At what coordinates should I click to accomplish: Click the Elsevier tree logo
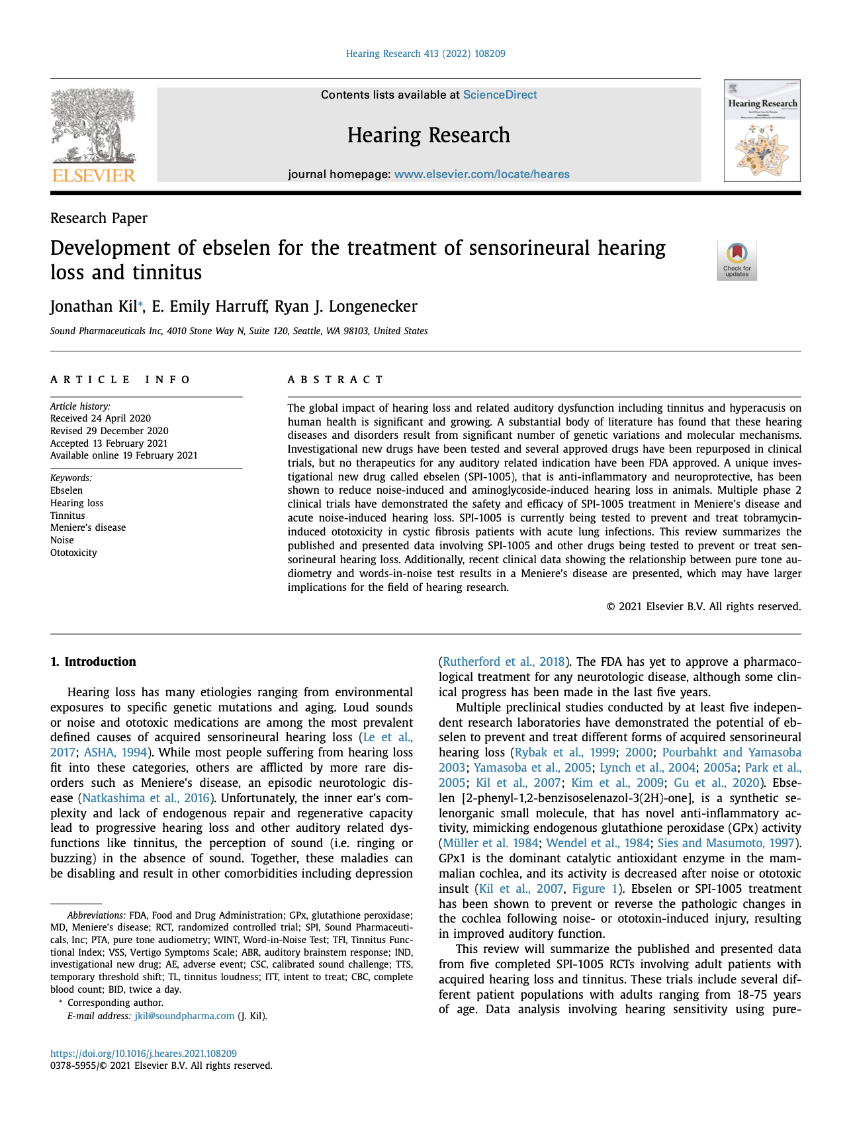pos(93,135)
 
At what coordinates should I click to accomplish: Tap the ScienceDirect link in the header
pos(500,95)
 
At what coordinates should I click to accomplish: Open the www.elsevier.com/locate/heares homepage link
pos(482,174)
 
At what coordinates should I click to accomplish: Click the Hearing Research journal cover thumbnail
pos(762,131)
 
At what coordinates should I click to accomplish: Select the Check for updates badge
pos(737,261)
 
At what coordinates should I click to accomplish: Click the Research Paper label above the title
pos(99,218)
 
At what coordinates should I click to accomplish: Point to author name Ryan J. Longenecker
pos(345,306)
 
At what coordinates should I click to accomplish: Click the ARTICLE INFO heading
pos(120,379)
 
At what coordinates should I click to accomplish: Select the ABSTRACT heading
pos(335,379)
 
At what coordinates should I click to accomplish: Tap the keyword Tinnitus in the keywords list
pos(67,516)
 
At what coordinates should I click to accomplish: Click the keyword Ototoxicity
pos(73,553)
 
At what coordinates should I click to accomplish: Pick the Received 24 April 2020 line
pos(101,418)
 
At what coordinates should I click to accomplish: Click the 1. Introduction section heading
pos(93,661)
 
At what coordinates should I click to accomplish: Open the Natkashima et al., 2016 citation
pos(146,797)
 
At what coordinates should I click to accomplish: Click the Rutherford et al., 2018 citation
pos(504,662)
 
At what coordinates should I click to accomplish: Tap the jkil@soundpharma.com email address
pos(185,1016)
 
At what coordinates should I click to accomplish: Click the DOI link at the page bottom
pos(144,1054)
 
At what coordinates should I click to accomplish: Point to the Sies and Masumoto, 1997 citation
pos(726,843)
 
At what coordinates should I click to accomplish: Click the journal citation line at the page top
pos(425,54)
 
